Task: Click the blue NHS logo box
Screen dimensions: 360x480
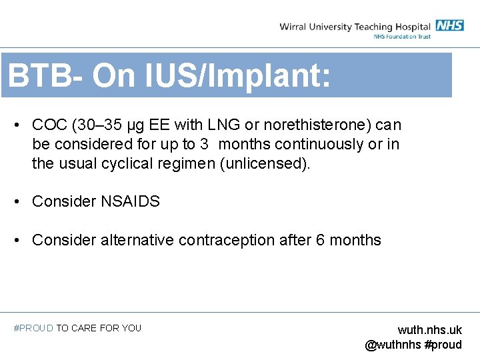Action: point(450,26)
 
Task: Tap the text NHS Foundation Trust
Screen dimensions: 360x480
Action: point(402,37)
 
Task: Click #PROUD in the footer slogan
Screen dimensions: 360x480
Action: point(33,328)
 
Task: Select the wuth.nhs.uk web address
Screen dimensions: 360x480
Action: point(429,330)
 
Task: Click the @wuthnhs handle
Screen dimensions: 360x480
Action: point(393,345)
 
